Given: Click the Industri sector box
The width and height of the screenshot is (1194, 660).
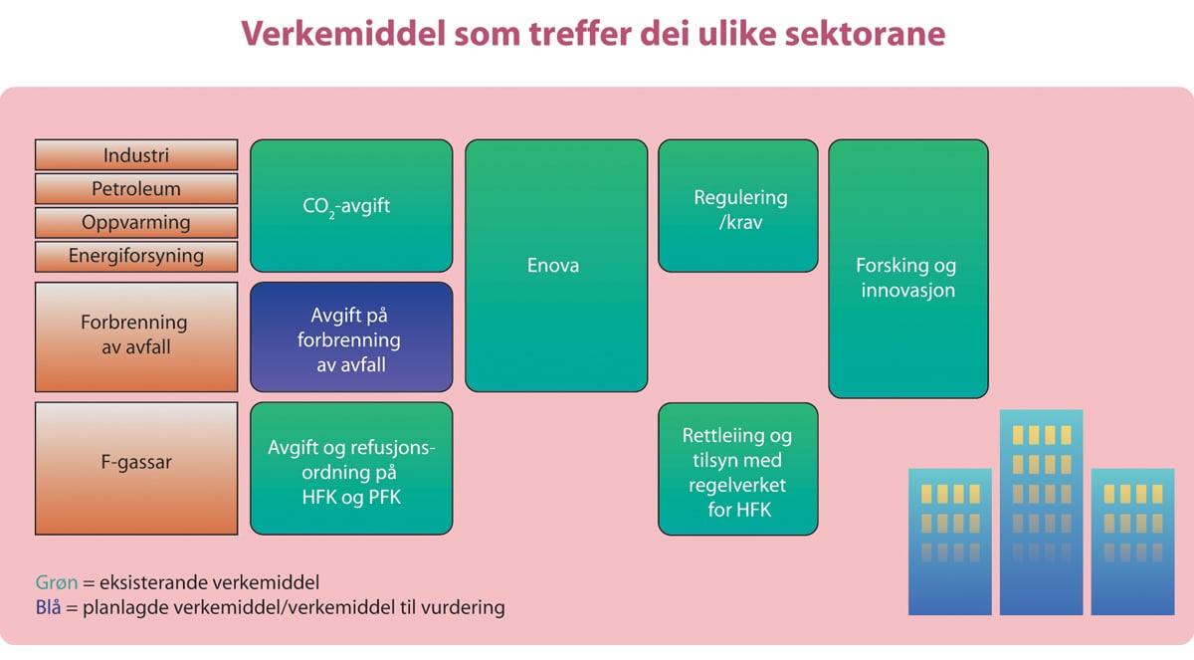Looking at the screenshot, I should click(x=136, y=155).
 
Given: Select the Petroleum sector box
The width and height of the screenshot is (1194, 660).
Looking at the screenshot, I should click(x=136, y=189).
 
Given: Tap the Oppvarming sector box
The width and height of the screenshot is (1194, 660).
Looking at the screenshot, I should click(x=136, y=222).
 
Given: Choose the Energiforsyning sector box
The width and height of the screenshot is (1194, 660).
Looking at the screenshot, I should click(x=136, y=256).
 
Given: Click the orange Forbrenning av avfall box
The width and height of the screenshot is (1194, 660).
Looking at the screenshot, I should click(x=136, y=336).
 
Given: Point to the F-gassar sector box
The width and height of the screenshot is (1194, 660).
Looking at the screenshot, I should click(x=136, y=468).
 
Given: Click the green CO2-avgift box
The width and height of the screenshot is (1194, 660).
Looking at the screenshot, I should click(x=351, y=206).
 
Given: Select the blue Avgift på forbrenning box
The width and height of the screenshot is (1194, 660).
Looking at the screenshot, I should click(x=351, y=338).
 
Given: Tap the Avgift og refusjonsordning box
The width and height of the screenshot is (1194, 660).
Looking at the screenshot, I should click(x=351, y=469).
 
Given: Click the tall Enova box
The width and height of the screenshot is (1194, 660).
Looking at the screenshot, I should click(x=556, y=266).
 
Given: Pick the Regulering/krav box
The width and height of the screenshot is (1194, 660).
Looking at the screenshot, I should click(x=738, y=206).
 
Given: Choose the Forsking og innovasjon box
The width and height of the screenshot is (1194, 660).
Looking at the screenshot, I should click(x=907, y=269).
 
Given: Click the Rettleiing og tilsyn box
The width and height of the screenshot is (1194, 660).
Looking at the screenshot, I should click(x=738, y=469).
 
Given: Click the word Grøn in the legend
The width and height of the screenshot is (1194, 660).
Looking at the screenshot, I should click(x=56, y=582).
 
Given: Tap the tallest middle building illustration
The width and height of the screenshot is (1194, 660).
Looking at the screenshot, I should click(x=1041, y=513).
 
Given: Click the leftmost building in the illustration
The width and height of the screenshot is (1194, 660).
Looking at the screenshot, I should click(x=950, y=543).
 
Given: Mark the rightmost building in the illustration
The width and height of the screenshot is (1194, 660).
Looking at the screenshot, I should click(x=1132, y=543).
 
